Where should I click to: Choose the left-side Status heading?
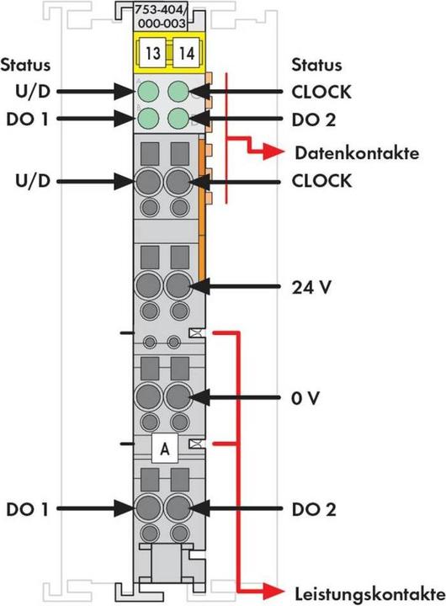(x=25, y=64)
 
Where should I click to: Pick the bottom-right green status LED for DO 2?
(x=177, y=118)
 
